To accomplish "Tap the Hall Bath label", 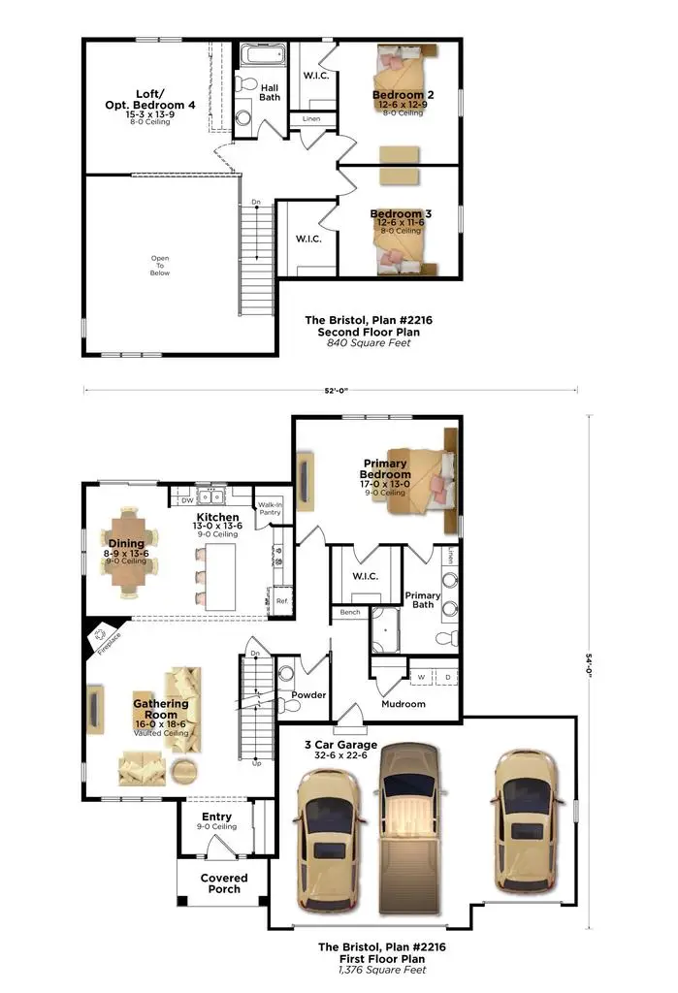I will click(270, 92).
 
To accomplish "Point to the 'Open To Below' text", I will click(160, 266).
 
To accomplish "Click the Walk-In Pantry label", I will click(270, 510).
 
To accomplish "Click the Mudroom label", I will click(404, 704).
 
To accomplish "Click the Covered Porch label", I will click(224, 883).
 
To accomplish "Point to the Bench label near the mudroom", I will click(349, 613).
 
